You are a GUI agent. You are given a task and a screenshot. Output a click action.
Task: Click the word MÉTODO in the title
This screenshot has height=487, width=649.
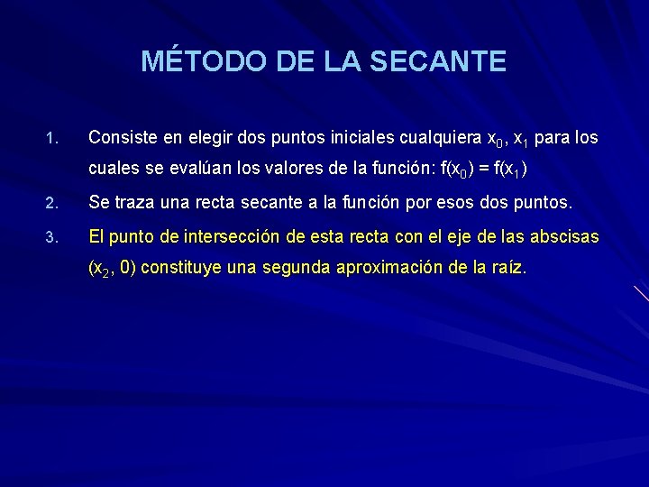[192, 61]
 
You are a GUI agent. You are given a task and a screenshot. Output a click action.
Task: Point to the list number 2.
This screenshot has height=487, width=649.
[51, 203]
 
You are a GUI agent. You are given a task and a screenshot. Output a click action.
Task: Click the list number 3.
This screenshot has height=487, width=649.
[51, 238]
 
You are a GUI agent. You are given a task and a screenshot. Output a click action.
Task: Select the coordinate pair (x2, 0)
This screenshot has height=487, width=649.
[112, 268]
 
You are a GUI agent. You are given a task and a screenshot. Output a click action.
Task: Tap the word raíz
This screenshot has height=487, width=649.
[506, 268]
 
